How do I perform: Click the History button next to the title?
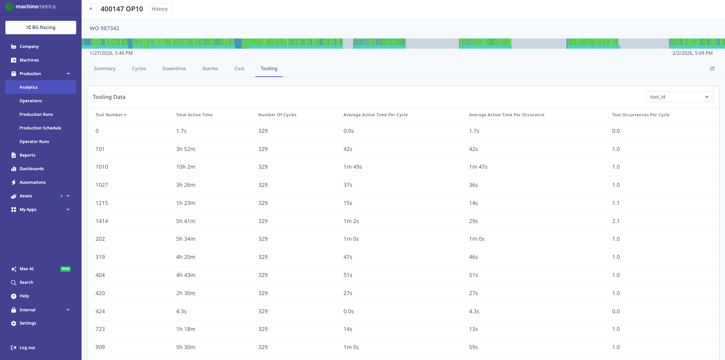point(159,9)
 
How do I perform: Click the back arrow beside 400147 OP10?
point(91,9)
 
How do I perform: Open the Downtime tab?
point(174,69)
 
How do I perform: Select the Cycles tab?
point(139,69)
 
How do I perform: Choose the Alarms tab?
point(210,69)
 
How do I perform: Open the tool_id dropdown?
point(679,97)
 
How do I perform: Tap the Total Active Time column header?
point(194,115)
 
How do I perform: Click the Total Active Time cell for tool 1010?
point(185,167)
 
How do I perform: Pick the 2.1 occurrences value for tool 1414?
point(615,221)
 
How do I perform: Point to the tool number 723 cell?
point(100,329)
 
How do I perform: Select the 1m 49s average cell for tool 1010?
point(352,167)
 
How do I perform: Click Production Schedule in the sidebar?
point(40,128)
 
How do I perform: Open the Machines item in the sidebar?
point(29,60)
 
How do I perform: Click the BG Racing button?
point(41,28)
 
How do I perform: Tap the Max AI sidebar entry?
point(26,269)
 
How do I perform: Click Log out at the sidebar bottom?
point(27,348)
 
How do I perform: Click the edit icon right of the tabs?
point(712,69)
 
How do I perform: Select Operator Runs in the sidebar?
point(34,142)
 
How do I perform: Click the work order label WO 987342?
point(104,28)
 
